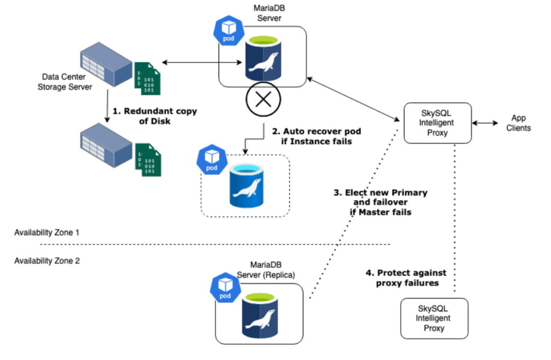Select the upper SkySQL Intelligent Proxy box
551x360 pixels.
[x=437, y=123]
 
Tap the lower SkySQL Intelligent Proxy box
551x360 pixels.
[x=434, y=318]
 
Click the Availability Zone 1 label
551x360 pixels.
[x=47, y=233]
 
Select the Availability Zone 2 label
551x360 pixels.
[x=47, y=260]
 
